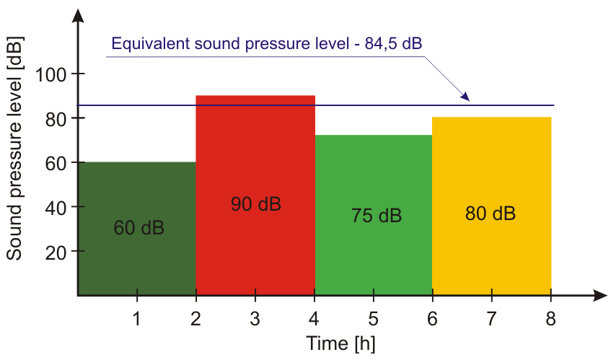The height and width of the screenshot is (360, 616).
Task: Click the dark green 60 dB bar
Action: tap(137, 260)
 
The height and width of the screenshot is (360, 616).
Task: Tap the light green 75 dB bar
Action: tap(373, 253)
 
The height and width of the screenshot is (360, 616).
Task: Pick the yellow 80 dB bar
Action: tap(491, 253)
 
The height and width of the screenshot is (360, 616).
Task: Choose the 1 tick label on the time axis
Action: tap(137, 318)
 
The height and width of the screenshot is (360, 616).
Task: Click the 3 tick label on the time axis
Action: tap(255, 318)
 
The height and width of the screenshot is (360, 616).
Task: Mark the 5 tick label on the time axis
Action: tap(373, 318)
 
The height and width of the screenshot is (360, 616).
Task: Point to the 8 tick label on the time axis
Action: tap(550, 318)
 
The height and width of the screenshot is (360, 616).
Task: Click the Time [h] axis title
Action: tap(340, 343)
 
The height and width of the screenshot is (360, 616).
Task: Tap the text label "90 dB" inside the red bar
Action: tap(255, 204)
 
